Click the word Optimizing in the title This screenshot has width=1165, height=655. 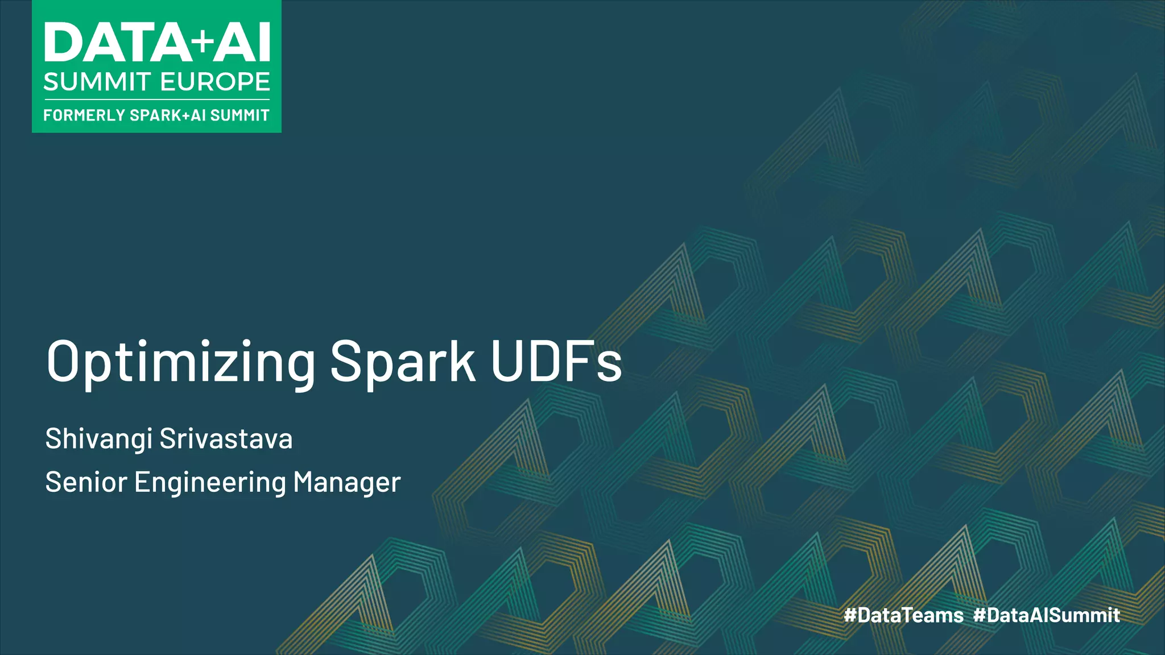181,362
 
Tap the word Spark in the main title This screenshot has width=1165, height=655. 403,361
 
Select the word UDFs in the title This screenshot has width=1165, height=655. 556,361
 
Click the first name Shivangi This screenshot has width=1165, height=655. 99,440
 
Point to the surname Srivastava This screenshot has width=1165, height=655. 226,438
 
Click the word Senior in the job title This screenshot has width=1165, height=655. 86,482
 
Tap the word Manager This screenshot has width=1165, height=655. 347,482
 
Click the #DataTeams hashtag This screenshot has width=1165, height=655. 903,615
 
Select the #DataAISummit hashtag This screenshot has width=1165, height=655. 1047,615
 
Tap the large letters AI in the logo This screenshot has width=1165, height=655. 242,43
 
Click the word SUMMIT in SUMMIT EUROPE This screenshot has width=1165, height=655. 97,82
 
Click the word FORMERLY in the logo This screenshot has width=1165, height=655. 84,115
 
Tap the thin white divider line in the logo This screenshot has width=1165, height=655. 156,100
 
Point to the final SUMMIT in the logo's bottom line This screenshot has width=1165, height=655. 239,115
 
